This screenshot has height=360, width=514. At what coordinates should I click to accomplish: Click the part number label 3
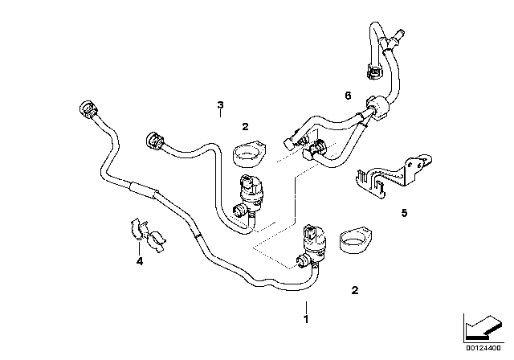point(220,104)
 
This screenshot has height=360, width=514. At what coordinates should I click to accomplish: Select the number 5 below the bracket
point(405,213)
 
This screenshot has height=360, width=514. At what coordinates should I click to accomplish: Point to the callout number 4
point(140,260)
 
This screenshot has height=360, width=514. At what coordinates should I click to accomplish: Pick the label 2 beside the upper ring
point(246,126)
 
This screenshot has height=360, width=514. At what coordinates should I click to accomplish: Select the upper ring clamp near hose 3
point(248,151)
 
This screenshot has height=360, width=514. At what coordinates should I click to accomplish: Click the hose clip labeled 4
point(148,233)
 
